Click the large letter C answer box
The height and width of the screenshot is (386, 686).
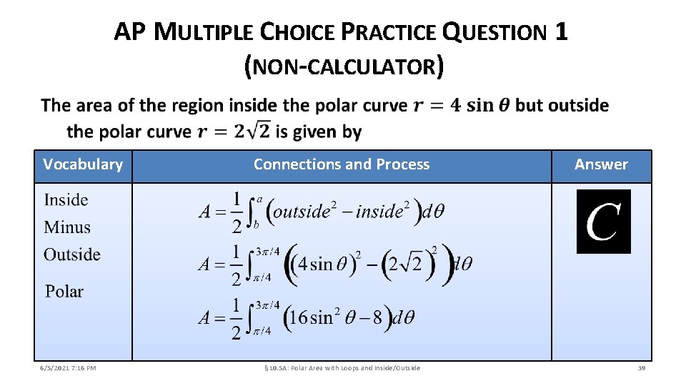click(x=603, y=222)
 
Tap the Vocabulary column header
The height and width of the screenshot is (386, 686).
click(x=83, y=164)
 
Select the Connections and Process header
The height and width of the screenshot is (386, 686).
click(x=342, y=164)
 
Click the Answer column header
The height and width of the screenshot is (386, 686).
click(x=601, y=164)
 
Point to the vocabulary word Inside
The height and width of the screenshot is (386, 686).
click(x=66, y=200)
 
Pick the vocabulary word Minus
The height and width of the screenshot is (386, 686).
click(x=67, y=227)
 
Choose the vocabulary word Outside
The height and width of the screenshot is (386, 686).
click(x=72, y=254)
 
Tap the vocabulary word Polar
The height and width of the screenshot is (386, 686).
click(x=64, y=292)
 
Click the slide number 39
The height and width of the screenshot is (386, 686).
click(x=641, y=368)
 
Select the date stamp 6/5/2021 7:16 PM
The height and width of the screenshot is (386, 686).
click(x=68, y=368)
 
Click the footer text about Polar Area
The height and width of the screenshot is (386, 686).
click(x=342, y=368)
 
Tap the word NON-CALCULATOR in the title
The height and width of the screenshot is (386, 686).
click(x=344, y=67)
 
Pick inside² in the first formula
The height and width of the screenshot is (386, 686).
click(x=383, y=211)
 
